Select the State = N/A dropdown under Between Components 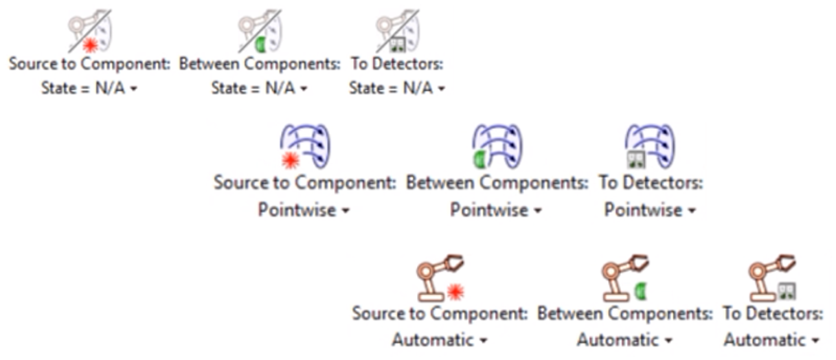click(259, 89)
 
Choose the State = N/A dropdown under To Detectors click(397, 89)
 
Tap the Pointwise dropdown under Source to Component click(304, 210)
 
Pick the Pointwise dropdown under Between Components click(496, 210)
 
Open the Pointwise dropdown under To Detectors click(650, 210)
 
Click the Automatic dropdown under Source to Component click(440, 339)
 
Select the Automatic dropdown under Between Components click(624, 339)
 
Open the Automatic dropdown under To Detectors click(772, 339)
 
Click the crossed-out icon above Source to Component click(89, 31)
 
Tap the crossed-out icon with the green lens click(260, 31)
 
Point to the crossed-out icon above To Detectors click(397, 31)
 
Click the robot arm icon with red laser click(440, 278)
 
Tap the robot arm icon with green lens click(624, 278)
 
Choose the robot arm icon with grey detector click(772, 278)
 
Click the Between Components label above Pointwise click(497, 183)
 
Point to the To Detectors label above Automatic click(772, 313)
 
